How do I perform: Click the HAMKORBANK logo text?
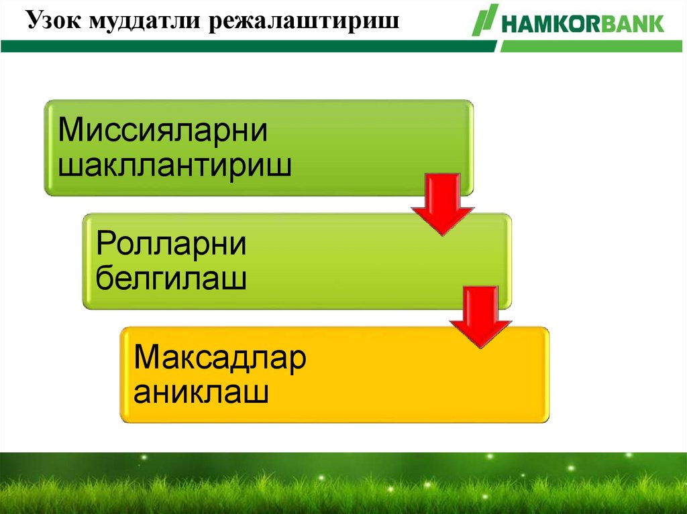[x=581, y=24]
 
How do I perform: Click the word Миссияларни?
[x=163, y=130]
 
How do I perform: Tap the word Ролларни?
[x=171, y=245]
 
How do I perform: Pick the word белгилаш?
[x=171, y=278]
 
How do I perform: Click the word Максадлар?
[x=220, y=359]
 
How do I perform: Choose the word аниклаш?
[x=201, y=392]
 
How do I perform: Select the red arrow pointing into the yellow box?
[x=480, y=316]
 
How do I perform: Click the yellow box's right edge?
[x=547, y=375]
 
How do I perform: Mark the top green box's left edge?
[x=46, y=148]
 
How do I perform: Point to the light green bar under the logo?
[x=590, y=46]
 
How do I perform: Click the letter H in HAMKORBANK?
[x=507, y=24]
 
